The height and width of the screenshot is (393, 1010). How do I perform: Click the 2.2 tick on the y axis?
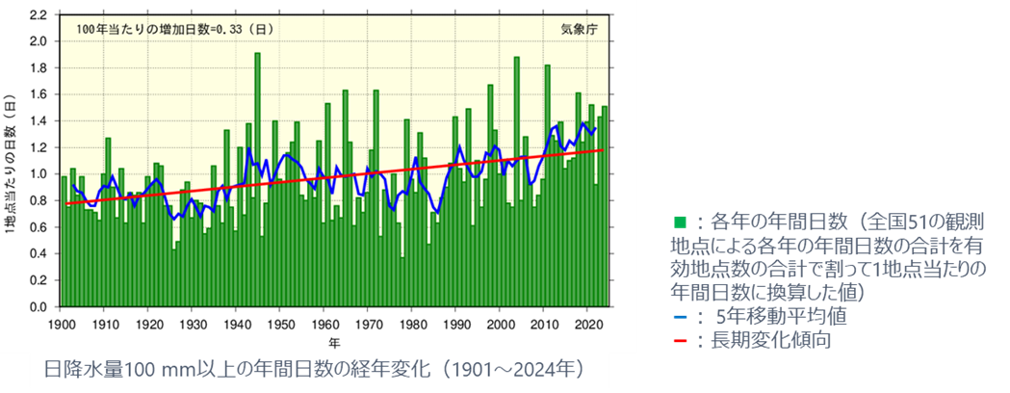click(x=41, y=15)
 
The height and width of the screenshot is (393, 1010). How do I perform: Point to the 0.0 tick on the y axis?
click(x=41, y=307)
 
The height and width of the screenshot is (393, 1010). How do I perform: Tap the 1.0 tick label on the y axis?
click(x=41, y=174)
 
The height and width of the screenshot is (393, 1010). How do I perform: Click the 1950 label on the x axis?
click(x=280, y=323)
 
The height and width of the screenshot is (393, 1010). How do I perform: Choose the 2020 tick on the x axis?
click(x=588, y=323)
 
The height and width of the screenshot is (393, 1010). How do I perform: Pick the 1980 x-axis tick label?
click(x=412, y=323)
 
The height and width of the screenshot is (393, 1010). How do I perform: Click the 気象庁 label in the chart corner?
click(x=580, y=29)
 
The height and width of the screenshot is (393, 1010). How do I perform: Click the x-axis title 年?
click(x=333, y=341)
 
